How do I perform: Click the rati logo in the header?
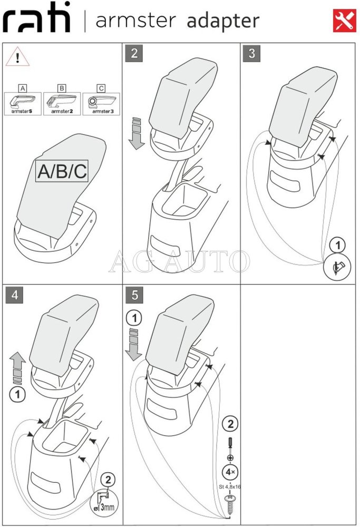(37, 20)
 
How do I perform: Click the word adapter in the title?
(223, 21)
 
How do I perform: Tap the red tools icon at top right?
(345, 21)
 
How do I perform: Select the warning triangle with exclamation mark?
(17, 57)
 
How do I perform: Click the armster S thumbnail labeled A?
(23, 100)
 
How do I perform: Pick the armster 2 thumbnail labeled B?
(62, 100)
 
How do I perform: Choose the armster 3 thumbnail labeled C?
(101, 100)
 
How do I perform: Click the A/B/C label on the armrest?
(62, 171)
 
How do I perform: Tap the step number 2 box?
(134, 53)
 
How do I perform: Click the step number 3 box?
(252, 53)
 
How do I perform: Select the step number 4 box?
(14, 295)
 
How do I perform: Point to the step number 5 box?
(134, 295)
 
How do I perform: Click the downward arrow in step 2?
(136, 134)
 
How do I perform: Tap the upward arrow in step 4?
(18, 369)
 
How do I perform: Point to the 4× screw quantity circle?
(229, 471)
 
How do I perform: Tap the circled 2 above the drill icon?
(108, 479)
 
